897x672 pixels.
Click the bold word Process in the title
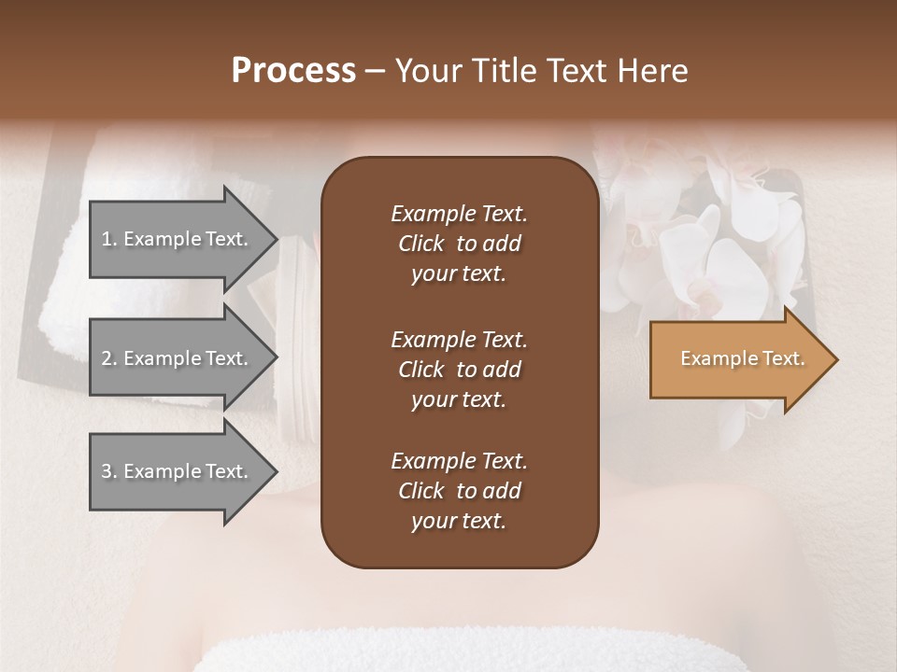(293, 71)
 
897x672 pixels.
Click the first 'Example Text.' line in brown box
(459, 214)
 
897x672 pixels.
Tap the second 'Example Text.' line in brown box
(459, 339)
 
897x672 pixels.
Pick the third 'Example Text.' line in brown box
(459, 461)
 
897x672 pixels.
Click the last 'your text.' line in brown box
(459, 522)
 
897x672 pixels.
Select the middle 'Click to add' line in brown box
(459, 370)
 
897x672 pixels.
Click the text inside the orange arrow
(743, 358)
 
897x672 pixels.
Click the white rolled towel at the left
(65, 308)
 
